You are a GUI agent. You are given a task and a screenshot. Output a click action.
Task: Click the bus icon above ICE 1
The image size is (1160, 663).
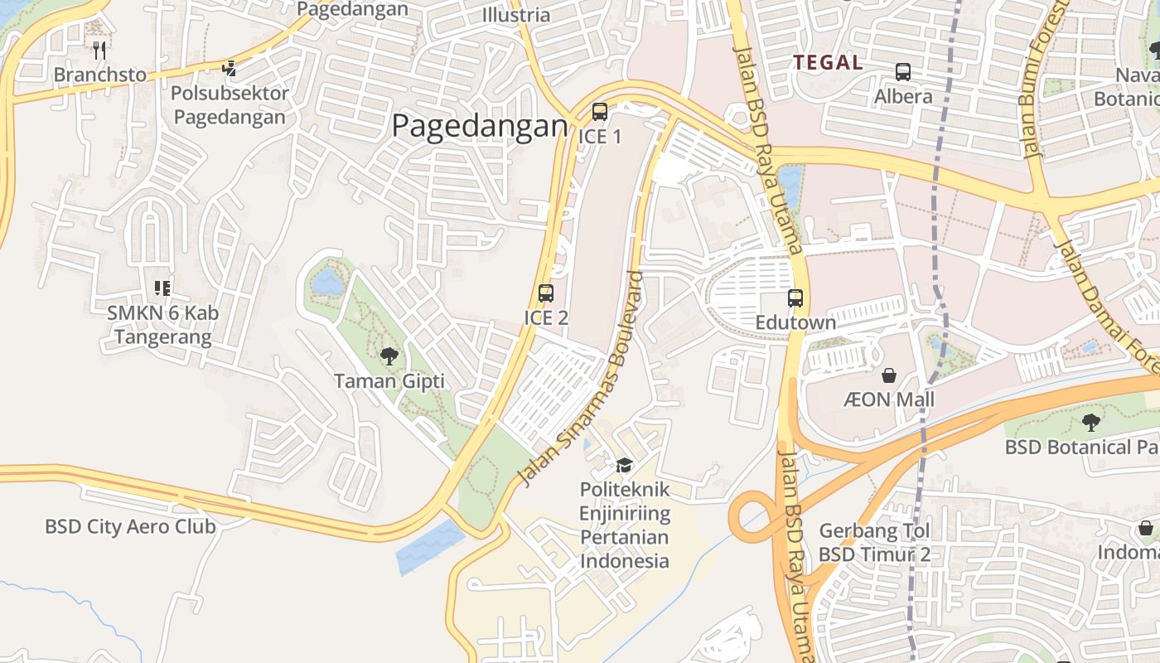coord(599,112)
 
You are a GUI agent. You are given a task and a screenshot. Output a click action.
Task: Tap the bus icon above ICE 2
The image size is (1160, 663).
coord(545,293)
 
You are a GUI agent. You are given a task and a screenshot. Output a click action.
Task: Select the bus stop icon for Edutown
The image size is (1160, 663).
coord(795,298)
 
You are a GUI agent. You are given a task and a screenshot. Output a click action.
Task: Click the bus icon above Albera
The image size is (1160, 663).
coord(903,72)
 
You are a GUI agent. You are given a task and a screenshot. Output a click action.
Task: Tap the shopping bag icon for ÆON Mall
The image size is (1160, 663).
coord(889,375)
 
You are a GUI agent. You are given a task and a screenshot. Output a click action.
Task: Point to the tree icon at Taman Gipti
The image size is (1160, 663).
coord(389,356)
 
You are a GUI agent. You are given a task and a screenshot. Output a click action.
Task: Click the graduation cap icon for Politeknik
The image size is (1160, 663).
coord(624,465)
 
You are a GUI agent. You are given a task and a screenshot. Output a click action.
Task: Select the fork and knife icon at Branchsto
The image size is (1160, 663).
coord(99,50)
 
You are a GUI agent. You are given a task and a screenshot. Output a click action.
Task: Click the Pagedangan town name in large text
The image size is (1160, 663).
coord(480,127)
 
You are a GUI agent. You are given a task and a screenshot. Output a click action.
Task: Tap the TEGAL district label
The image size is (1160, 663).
coord(828,62)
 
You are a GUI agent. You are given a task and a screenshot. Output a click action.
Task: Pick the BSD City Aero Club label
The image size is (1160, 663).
coord(130,526)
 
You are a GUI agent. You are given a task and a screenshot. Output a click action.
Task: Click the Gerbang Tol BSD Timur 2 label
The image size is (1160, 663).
coord(875,542)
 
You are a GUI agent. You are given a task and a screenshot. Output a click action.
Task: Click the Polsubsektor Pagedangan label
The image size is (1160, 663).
coord(230,104)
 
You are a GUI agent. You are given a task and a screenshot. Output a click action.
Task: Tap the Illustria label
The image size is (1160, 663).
coord(515,15)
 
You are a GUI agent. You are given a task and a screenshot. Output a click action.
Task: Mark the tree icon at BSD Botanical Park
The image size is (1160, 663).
coord(1091,423)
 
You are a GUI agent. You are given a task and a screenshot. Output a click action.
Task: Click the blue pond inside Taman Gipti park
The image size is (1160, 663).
coord(328,282)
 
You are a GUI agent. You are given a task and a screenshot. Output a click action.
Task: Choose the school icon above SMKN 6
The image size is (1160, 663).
coord(162,288)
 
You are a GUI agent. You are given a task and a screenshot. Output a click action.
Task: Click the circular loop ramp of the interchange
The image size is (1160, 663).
coord(752,519)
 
